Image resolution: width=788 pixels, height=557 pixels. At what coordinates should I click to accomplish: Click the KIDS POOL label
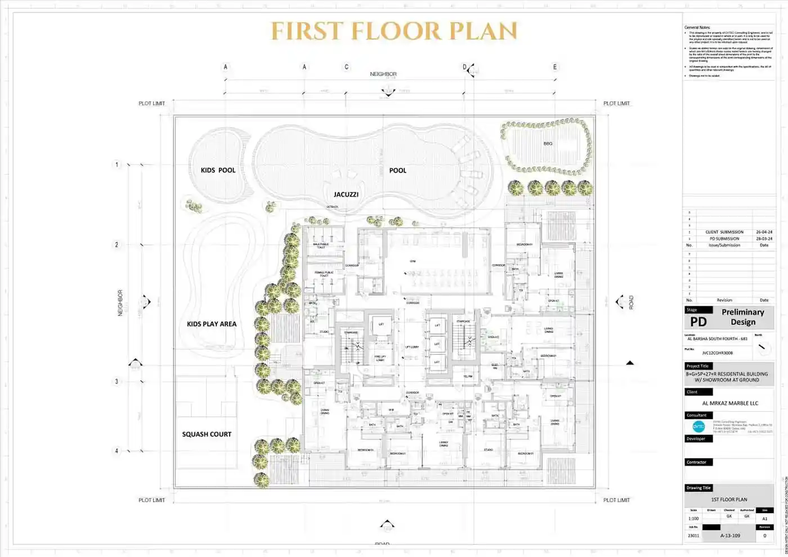coord(218,170)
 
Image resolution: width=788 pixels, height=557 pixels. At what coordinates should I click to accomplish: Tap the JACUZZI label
coord(346,194)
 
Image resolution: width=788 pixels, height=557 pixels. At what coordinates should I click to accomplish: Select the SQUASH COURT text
coord(207,434)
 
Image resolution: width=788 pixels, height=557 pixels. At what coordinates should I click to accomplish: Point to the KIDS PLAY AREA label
coord(212,324)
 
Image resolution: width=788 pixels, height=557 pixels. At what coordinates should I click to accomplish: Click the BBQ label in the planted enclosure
coord(548,144)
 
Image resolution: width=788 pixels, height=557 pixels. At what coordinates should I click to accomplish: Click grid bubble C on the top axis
coord(346,67)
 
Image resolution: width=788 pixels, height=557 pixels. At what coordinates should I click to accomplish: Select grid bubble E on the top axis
coord(554,67)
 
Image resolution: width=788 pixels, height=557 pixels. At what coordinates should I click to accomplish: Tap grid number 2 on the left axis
coord(117,244)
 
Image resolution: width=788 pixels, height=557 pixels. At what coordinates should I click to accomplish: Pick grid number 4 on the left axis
coord(117,451)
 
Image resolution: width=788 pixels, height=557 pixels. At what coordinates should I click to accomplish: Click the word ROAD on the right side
coord(631,302)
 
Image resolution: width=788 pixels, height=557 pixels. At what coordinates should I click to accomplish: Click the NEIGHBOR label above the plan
coord(383,74)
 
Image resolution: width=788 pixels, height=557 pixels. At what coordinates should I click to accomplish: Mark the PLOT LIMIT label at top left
coord(151,104)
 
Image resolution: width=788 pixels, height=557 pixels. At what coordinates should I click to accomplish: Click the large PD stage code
coord(698,322)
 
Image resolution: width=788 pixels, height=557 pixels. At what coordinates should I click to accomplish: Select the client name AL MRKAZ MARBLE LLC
coord(730,403)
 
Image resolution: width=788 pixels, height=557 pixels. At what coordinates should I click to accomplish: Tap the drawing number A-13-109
coord(730,536)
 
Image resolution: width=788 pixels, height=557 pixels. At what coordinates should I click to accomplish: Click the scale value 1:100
coord(693,519)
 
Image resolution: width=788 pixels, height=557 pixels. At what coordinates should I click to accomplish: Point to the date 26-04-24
coord(764,232)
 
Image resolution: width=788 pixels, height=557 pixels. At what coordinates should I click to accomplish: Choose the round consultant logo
coord(699,426)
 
